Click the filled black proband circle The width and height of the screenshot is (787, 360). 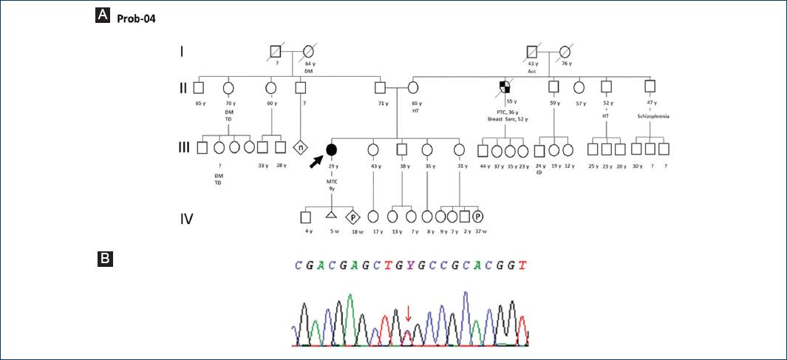click(332, 150)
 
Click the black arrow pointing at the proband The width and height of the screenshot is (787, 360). click(316, 158)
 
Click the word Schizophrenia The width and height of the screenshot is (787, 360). click(650, 116)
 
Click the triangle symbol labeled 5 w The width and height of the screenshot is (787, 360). click(331, 216)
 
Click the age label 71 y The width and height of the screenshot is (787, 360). click(381, 103)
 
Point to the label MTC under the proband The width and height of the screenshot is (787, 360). click(332, 180)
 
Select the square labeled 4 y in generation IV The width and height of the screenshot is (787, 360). click(305, 217)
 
